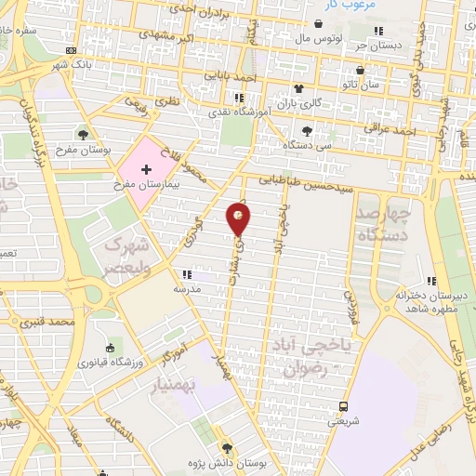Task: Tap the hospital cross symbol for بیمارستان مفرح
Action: tap(145, 171)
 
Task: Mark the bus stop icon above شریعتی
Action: tap(343, 406)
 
